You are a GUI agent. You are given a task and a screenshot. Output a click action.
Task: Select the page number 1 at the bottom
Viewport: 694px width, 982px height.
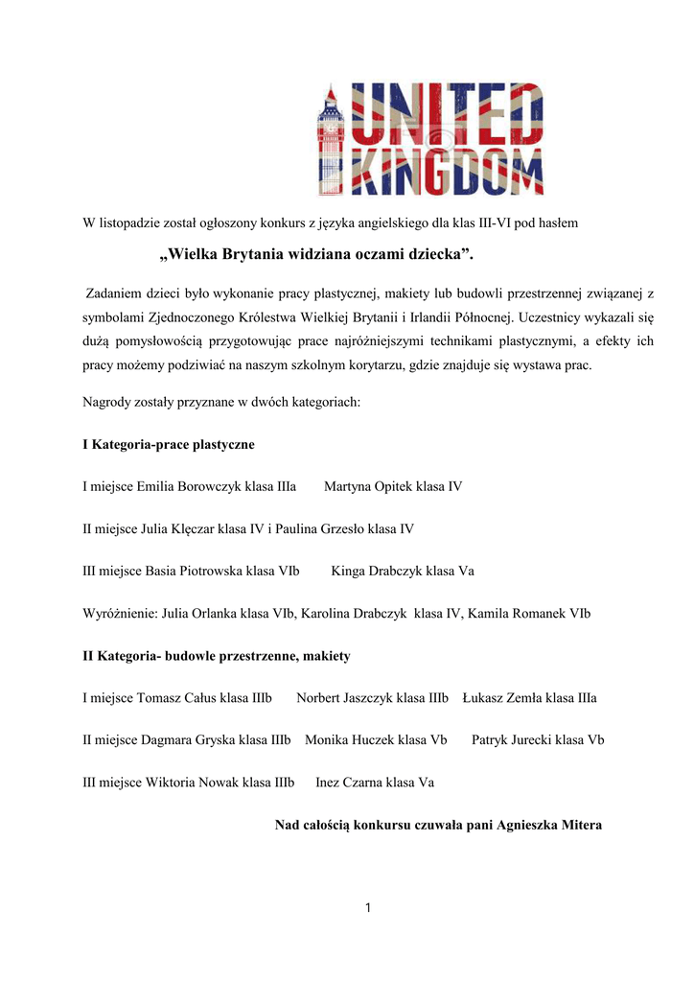pos(367,907)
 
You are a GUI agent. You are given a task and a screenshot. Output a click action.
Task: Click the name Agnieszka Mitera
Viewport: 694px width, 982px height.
pos(549,825)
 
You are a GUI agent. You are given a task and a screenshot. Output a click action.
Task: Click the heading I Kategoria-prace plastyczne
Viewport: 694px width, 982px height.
pos(168,444)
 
